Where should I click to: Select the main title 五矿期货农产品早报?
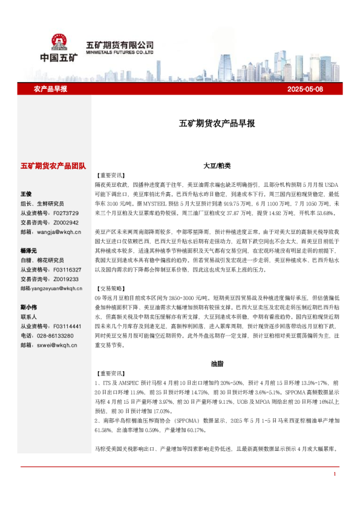217,123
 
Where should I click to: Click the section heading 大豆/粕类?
217,165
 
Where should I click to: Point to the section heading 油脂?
217,365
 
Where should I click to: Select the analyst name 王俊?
26,194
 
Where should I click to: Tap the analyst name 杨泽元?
28,250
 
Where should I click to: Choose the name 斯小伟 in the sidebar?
28,306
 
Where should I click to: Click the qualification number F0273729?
66,213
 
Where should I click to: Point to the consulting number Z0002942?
66,222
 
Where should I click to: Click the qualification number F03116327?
67,270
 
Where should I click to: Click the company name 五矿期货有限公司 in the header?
120,45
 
